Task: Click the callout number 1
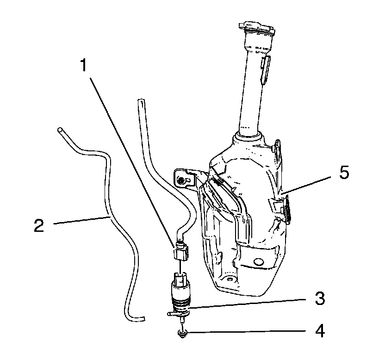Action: coord(83,65)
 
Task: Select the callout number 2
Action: coord(39,225)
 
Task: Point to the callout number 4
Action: coord(319,331)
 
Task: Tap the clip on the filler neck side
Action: coord(264,68)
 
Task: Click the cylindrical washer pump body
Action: coord(181,297)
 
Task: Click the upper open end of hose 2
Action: coord(60,130)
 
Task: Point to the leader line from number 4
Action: coord(250,332)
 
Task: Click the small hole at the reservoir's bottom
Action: coord(229,280)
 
